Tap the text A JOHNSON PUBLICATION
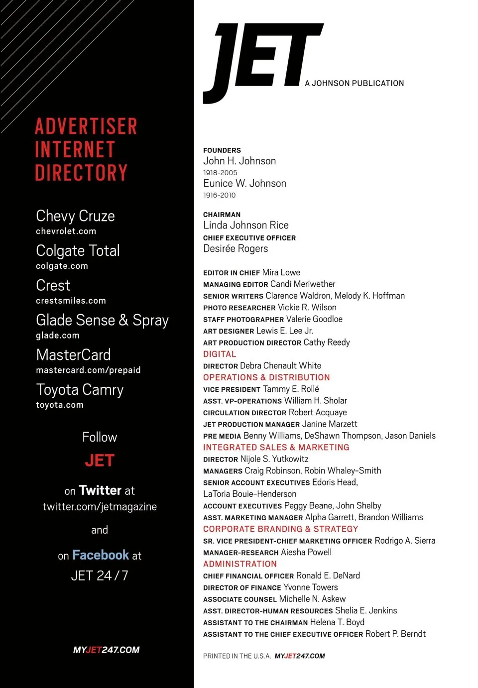tap(354, 83)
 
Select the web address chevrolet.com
tap(66, 231)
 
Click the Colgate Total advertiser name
tap(78, 250)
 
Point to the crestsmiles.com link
tap(71, 301)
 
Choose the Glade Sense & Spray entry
tap(102, 320)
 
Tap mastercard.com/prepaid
tap(88, 370)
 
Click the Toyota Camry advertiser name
tap(80, 389)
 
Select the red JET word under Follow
tap(100, 460)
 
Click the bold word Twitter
tap(100, 490)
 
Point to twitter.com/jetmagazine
tap(100, 507)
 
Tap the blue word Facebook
tap(101, 555)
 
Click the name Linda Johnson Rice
tap(246, 225)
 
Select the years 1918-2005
tap(220, 173)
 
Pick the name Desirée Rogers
tap(236, 248)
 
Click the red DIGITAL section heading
tap(220, 354)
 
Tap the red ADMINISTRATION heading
tap(240, 564)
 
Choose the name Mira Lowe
tap(281, 272)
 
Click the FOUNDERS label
tap(222, 150)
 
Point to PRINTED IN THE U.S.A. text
tap(237, 656)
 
